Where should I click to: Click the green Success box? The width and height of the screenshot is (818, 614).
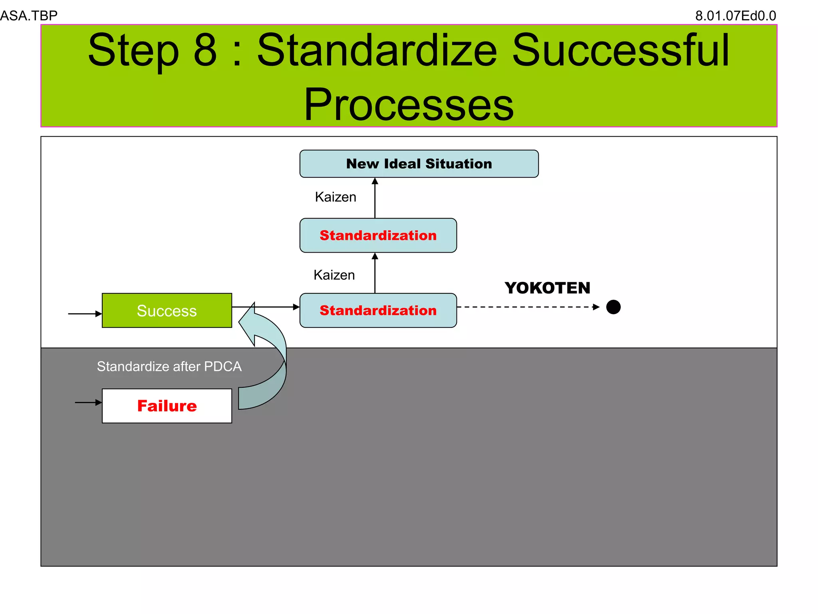[167, 311]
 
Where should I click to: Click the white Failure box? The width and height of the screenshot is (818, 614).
[167, 406]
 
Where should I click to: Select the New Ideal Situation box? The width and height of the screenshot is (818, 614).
[419, 163]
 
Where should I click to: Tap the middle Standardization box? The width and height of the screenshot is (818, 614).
[378, 235]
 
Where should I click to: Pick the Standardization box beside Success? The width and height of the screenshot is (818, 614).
[378, 311]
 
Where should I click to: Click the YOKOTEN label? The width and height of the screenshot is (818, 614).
[547, 288]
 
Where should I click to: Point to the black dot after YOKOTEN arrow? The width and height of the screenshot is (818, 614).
[613, 307]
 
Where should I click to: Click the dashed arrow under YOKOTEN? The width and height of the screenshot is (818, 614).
[527, 307]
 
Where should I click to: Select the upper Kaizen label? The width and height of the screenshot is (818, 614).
[336, 197]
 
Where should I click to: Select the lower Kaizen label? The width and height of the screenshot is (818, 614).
[334, 275]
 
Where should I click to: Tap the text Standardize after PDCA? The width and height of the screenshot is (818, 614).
[169, 367]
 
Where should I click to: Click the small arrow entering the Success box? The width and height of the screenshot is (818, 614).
[85, 314]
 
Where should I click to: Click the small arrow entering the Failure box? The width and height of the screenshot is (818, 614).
[88, 403]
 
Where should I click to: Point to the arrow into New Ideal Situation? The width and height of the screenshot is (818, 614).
[375, 198]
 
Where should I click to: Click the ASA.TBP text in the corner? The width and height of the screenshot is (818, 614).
[29, 16]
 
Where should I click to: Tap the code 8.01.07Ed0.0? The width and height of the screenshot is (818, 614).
[735, 16]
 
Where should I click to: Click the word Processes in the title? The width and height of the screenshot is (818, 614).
[409, 105]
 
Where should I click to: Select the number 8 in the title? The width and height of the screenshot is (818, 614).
[205, 50]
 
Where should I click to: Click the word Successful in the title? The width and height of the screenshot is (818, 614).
[621, 50]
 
